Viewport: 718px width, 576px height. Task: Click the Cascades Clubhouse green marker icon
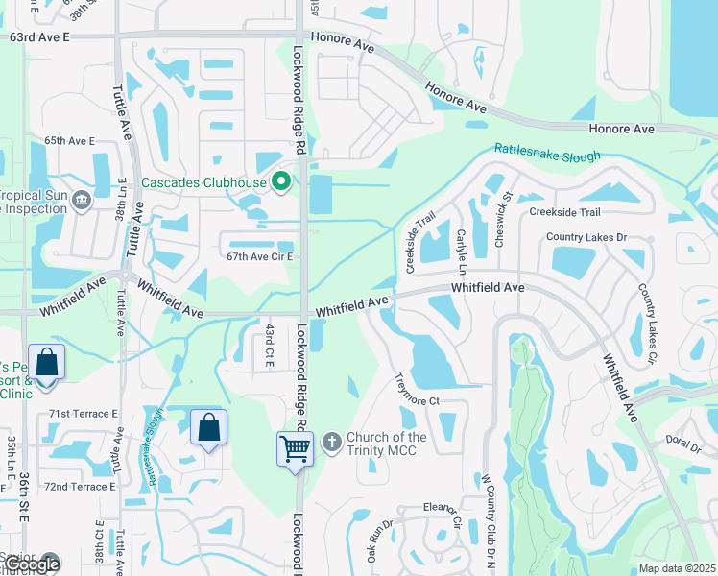[281, 181]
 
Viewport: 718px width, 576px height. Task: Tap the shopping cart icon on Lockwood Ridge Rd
[295, 447]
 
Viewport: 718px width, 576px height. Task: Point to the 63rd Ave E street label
[39, 36]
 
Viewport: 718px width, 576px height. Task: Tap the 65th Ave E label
[69, 140]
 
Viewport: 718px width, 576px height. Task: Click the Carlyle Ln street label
[462, 249]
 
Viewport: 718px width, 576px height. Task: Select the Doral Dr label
[683, 440]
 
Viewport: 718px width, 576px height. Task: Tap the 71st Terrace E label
[83, 413]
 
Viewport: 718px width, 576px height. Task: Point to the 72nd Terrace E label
[80, 487]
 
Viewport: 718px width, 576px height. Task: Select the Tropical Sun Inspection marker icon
[81, 200]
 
